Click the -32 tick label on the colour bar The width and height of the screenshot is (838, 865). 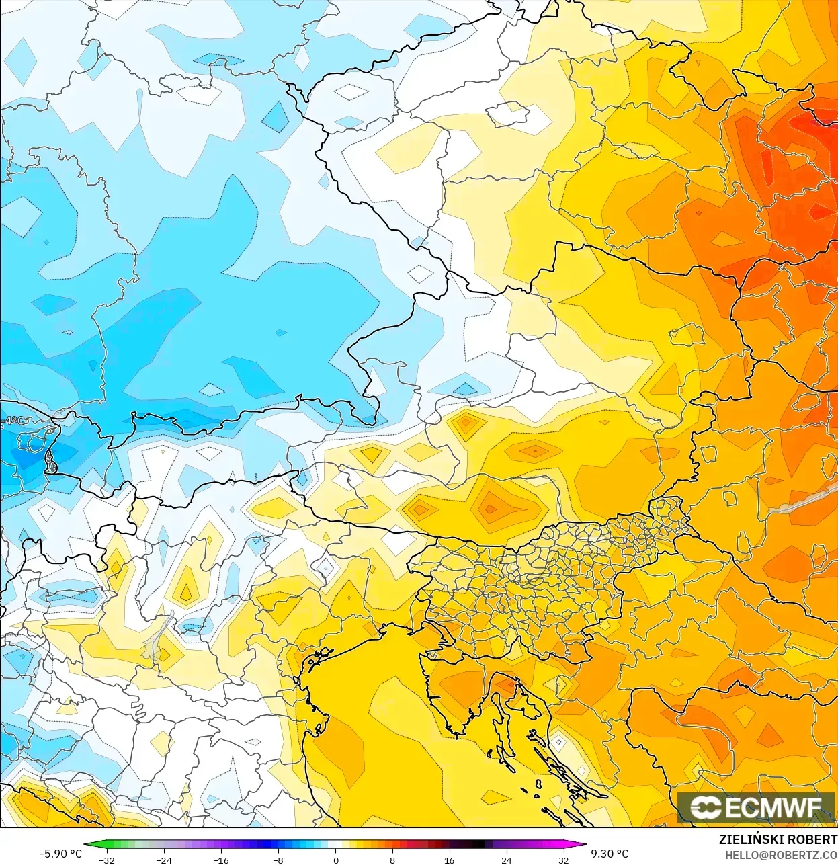106,860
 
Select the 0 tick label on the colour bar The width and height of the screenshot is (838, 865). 335,860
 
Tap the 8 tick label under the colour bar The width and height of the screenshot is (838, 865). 392,860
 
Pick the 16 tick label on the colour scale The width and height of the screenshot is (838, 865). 449,860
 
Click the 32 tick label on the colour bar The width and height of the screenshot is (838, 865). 563,860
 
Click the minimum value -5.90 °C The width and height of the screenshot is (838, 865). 60,854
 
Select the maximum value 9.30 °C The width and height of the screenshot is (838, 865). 610,854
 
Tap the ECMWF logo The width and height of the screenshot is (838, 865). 755,807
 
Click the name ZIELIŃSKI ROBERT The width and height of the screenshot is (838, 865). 778,839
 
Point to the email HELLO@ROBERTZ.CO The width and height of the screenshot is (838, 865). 780,855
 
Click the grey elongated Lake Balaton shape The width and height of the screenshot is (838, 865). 803,500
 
